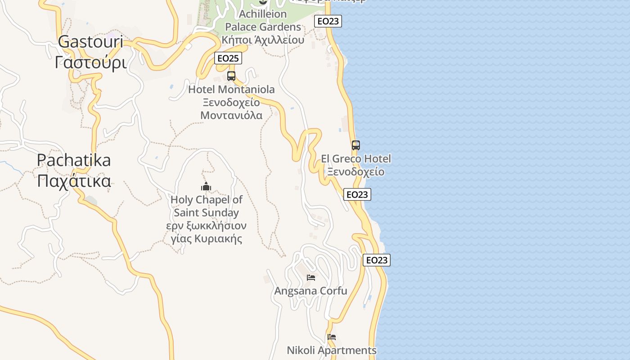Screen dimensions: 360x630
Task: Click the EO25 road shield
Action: [x=229, y=58]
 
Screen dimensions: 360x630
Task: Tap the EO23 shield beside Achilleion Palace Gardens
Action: [x=328, y=21]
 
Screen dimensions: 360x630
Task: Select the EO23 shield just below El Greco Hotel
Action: [x=357, y=194]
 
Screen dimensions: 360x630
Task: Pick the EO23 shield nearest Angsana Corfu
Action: [x=377, y=260]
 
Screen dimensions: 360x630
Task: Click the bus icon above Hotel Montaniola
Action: [x=231, y=76]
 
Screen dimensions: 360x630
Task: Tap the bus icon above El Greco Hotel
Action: [x=356, y=145]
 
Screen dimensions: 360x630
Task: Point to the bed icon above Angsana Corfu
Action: [x=311, y=277]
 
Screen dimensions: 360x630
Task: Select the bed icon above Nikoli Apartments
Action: [x=332, y=337]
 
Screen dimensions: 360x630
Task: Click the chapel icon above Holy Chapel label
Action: [x=206, y=186]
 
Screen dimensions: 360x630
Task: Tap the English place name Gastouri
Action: [x=90, y=42]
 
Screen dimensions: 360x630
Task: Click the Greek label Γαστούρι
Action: [x=90, y=63]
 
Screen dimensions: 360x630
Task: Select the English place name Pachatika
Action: [x=74, y=160]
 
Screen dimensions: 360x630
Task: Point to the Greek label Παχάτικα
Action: [x=74, y=181]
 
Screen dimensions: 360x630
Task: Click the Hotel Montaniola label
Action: [x=231, y=90]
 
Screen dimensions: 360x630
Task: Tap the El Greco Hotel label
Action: [x=356, y=159]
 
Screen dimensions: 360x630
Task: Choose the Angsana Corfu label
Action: [x=311, y=291]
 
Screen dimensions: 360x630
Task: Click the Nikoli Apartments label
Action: [x=332, y=350]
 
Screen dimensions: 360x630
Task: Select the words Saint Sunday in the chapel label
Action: [x=207, y=212]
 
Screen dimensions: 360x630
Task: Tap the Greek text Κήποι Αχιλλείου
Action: [x=263, y=40]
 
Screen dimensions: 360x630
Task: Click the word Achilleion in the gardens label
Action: [x=263, y=14]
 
